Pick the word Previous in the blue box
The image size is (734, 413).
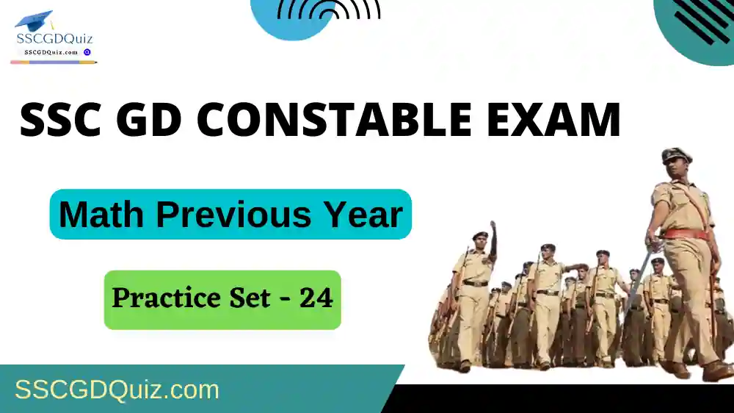[233, 215]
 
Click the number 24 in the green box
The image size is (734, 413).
[316, 298]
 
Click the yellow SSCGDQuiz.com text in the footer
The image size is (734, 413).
[117, 389]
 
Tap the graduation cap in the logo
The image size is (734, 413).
[34, 21]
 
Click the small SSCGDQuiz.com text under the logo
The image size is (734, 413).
[51, 52]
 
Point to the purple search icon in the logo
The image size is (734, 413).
[87, 52]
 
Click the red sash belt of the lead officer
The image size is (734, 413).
[686, 234]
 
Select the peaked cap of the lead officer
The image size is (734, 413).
[677, 156]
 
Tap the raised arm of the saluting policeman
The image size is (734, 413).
[492, 239]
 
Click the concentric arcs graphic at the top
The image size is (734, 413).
[329, 10]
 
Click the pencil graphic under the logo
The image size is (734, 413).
[54, 62]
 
